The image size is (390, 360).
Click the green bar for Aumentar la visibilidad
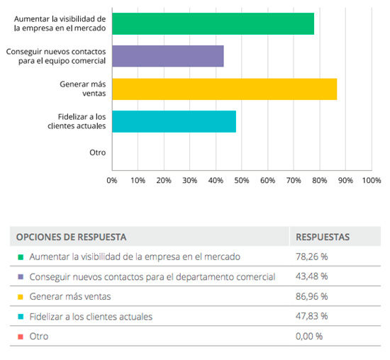[213, 23]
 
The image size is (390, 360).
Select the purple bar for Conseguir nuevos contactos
[167, 56]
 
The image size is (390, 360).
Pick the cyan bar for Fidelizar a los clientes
[174, 121]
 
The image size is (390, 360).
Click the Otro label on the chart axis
[97, 153]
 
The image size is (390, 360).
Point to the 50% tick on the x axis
[242, 181]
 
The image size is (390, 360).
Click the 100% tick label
[371, 181]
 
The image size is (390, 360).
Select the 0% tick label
[112, 181]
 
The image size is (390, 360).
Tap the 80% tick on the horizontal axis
[319, 181]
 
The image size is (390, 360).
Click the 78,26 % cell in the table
[311, 257]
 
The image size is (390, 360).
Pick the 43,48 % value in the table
[311, 276]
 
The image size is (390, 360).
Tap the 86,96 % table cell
[311, 296]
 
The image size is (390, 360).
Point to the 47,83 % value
[311, 316]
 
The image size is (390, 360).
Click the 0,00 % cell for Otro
[309, 336]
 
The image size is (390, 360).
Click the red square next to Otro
[21, 336]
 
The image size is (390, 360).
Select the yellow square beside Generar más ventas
[21, 296]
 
